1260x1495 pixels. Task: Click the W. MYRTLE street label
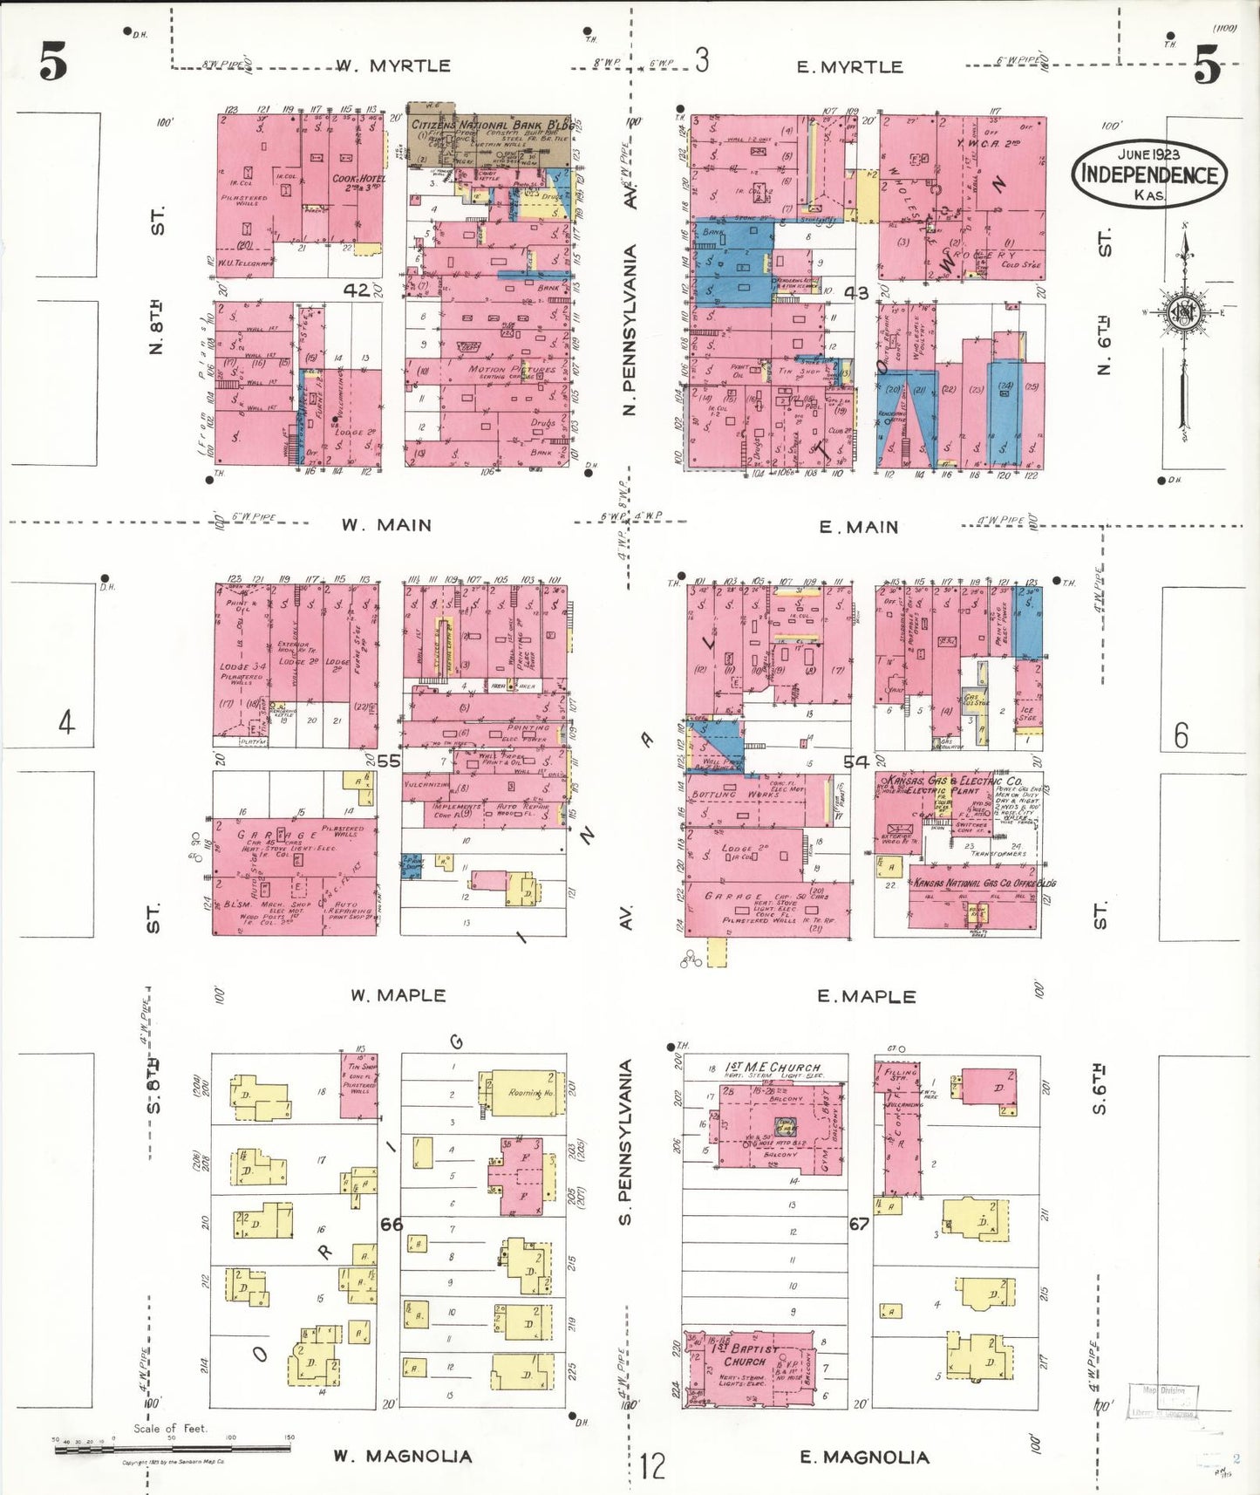(393, 66)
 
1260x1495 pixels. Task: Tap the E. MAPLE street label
(866, 996)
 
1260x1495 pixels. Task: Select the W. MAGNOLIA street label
(402, 1456)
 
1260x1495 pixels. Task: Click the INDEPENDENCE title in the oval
(1149, 174)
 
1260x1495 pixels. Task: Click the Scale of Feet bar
(171, 1449)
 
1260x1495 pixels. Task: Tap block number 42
(356, 290)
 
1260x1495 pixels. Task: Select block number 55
(389, 761)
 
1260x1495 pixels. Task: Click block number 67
(859, 1224)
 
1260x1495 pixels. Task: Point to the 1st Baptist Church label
(744, 1354)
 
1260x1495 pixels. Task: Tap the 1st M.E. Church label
(773, 1067)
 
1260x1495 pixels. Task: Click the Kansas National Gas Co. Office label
(984, 884)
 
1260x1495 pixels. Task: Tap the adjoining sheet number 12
(651, 1465)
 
